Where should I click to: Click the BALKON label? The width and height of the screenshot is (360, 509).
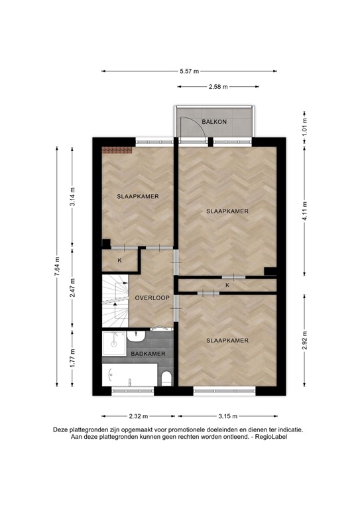click(214, 122)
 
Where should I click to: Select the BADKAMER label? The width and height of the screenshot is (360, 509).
click(148, 354)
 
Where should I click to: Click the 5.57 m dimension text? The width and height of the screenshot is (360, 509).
click(189, 72)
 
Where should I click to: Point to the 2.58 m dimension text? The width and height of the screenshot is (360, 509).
click(218, 87)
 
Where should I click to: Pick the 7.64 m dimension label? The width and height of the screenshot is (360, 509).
click(57, 266)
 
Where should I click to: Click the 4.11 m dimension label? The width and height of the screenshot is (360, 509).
click(304, 211)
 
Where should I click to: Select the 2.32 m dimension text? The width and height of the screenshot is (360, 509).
click(139, 416)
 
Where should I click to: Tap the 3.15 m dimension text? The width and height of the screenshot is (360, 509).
click(228, 416)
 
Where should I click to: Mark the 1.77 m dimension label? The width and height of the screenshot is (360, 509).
click(72, 359)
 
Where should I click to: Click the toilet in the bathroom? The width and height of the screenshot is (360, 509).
click(166, 378)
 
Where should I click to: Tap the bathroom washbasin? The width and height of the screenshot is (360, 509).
click(136, 336)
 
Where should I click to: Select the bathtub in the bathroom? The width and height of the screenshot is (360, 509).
click(130, 375)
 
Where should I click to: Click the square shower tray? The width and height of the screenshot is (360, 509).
click(114, 343)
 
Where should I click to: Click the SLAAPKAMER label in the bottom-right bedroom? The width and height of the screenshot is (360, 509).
click(227, 341)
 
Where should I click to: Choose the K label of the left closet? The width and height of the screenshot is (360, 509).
click(119, 260)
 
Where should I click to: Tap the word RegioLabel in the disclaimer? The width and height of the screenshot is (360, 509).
click(271, 437)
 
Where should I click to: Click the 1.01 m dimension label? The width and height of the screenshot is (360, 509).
click(304, 125)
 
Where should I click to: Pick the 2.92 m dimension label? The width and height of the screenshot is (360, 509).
click(304, 340)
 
